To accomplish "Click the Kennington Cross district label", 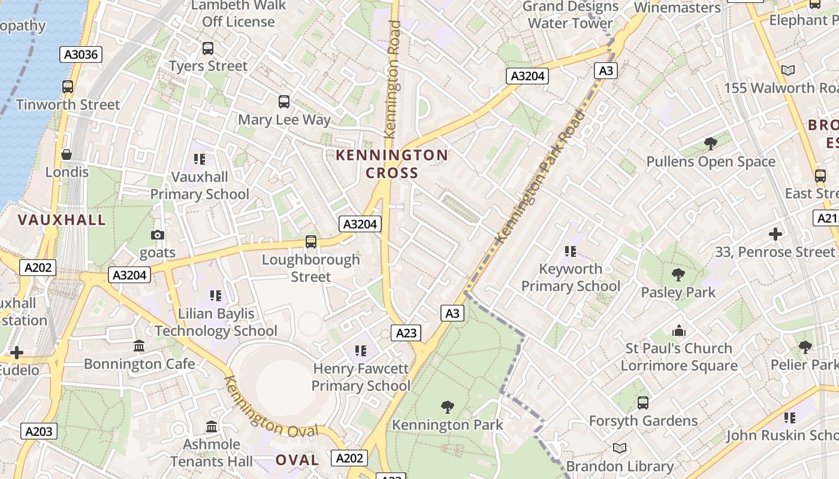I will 391,164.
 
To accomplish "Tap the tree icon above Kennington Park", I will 447,407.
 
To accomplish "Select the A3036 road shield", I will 82,54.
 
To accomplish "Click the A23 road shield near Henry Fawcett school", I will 406,333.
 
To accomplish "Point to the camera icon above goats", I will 158,235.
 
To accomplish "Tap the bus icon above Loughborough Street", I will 310,242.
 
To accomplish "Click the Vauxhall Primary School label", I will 200,185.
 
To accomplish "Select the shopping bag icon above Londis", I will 67,154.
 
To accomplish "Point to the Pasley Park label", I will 678,292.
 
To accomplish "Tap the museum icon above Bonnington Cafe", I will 140,345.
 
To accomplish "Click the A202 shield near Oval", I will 349,458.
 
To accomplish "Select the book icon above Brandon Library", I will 619,448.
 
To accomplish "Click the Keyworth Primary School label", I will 570,277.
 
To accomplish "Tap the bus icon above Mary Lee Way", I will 284,102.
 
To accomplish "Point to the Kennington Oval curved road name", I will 271,407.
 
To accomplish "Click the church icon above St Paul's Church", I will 678,331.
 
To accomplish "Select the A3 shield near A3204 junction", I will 606,71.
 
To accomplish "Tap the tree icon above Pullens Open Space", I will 710,144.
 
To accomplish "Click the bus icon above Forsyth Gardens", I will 643,402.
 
